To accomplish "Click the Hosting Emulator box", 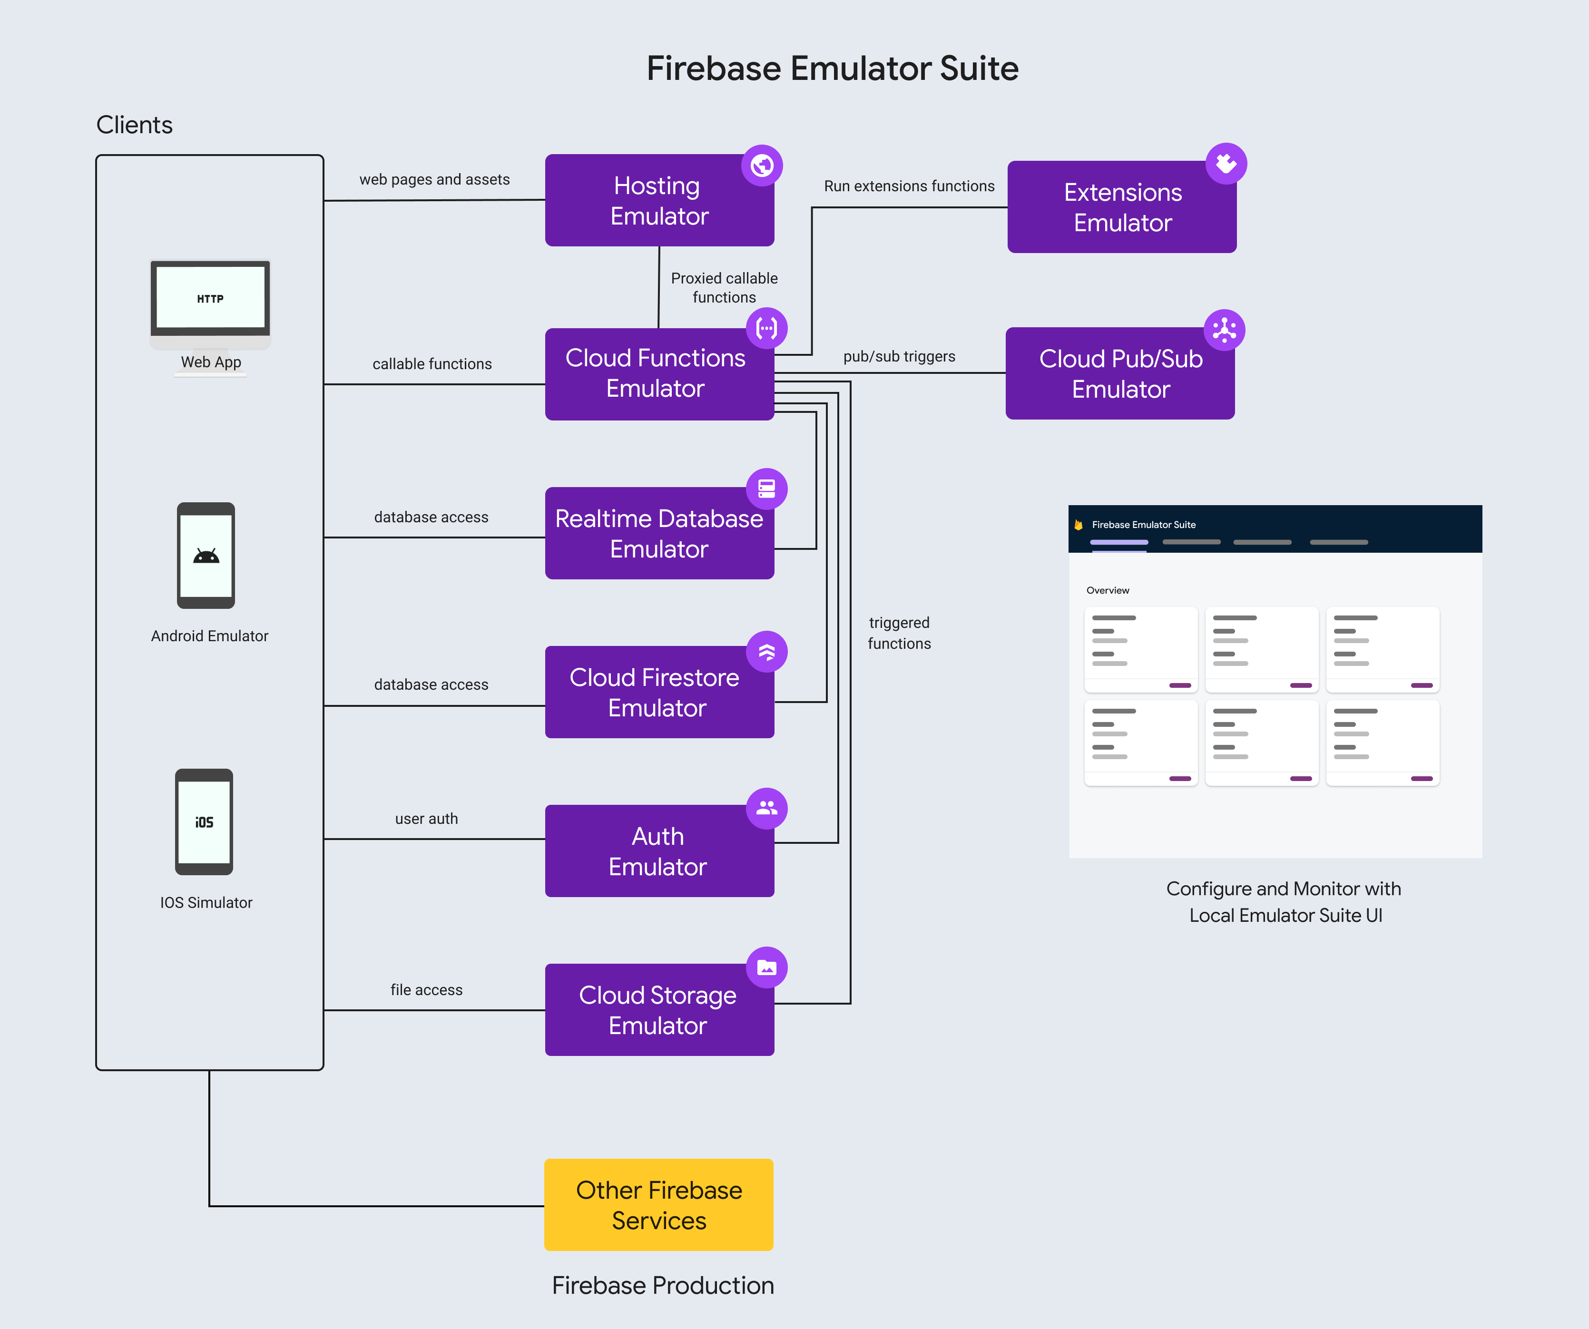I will (659, 200).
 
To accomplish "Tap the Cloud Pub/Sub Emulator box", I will (1120, 374).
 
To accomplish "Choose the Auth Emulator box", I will (659, 851).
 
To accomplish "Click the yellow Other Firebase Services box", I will (659, 1205).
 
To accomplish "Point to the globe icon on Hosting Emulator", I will (762, 165).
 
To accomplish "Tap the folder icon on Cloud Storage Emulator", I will (766, 967).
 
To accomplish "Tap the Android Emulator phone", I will (206, 556).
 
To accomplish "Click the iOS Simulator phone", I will (204, 822).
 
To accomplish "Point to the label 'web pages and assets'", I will (434, 179).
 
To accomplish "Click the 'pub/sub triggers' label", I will (899, 356).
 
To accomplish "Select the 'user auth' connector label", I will (426, 819).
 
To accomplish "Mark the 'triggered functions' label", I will (899, 633).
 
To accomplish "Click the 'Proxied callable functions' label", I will (724, 287).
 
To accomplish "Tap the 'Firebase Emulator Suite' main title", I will (833, 68).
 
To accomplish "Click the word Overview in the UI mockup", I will (1108, 590).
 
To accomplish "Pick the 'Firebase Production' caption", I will (663, 1285).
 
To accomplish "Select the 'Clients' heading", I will (135, 125).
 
